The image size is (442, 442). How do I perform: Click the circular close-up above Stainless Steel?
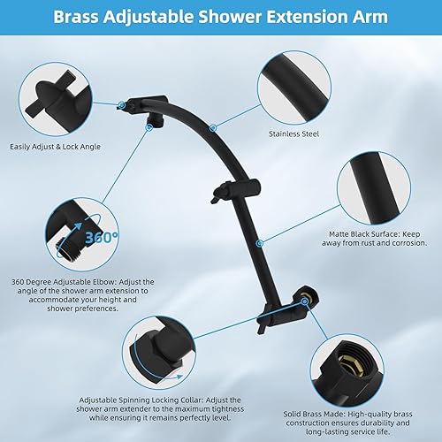[x=295, y=88]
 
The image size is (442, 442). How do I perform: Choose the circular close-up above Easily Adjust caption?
[x=59, y=96]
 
